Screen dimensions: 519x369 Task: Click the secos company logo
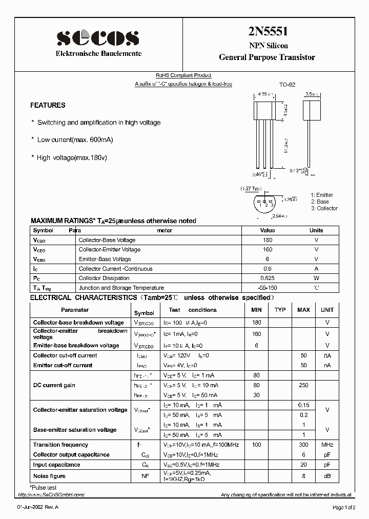coord(98,37)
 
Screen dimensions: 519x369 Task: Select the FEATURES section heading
coord(48,105)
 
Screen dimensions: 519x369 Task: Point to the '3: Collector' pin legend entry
coord(324,208)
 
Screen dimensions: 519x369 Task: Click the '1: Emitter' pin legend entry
coord(322,195)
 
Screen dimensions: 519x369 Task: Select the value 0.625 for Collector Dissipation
coord(267,278)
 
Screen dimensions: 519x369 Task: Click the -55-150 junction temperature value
coord(267,288)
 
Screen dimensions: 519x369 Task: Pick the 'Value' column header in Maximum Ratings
coord(267,230)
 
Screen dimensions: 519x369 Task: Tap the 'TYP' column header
coord(280,310)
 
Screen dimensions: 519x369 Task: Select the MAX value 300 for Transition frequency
coord(303,445)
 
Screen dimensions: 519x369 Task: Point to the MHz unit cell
coord(327,445)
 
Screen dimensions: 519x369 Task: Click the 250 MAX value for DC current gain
coord(303,385)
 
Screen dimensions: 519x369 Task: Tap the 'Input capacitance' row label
coord(56,465)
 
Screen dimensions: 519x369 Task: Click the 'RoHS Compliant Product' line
coord(183,75)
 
